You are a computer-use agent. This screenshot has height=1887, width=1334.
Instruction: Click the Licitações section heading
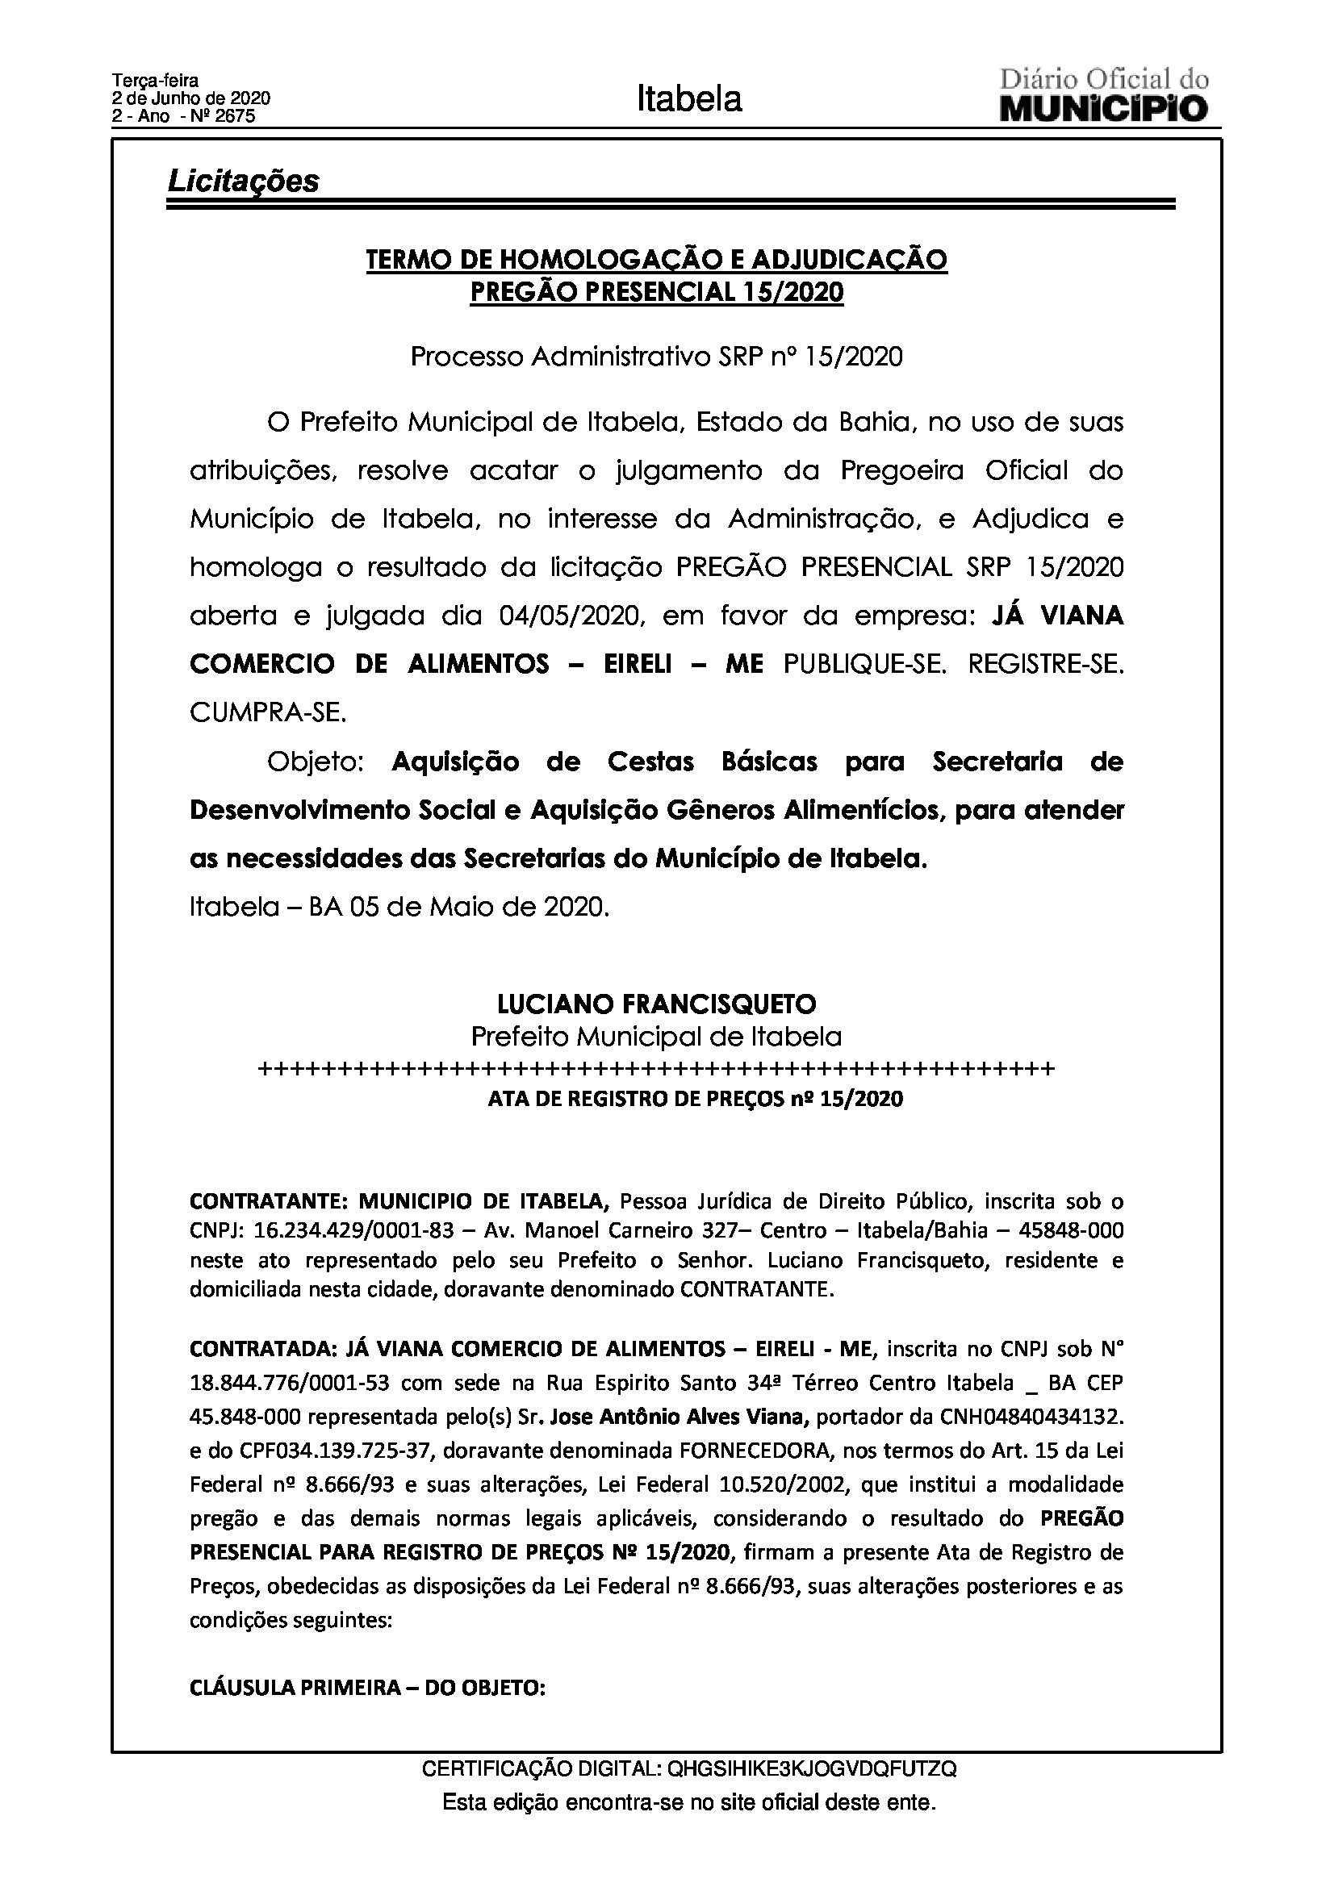click(243, 181)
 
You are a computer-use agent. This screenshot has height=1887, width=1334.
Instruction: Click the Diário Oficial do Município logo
click(1104, 97)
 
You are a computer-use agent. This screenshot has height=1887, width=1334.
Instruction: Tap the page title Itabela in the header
click(688, 99)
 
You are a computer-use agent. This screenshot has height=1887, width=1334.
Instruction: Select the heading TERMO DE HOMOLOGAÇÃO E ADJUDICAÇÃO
click(656, 260)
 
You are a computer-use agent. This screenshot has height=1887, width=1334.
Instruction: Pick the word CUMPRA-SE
click(268, 712)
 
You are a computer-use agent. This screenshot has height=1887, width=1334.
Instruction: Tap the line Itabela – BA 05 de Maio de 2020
click(399, 908)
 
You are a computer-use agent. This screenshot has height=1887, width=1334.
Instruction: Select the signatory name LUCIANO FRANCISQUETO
click(656, 1004)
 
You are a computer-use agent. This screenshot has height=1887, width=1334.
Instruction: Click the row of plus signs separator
click(656, 1069)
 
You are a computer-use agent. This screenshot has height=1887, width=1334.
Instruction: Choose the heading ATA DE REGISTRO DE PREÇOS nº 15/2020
click(696, 1099)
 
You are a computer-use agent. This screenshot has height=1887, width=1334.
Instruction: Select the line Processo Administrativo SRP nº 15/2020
click(656, 357)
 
